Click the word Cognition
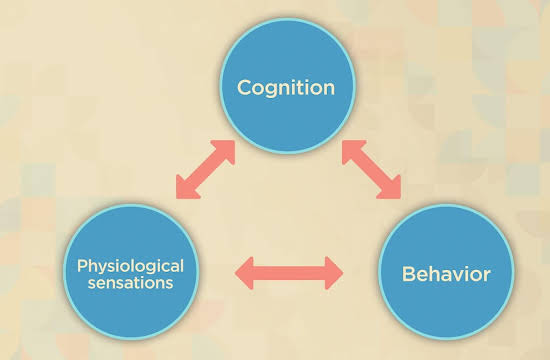(286, 88)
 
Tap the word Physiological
(130, 267)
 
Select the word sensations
(130, 283)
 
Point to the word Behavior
(446, 274)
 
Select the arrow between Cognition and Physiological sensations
(205, 169)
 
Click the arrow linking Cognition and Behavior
(371, 169)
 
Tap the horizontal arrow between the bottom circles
(289, 273)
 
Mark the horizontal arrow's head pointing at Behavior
(334, 273)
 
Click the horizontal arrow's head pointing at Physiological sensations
(244, 273)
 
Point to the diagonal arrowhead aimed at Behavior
(392, 190)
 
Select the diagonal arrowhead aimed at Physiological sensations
(185, 190)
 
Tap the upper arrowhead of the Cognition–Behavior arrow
(351, 149)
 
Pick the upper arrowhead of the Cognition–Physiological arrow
(226, 149)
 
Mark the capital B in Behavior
(408, 274)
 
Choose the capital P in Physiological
(82, 266)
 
